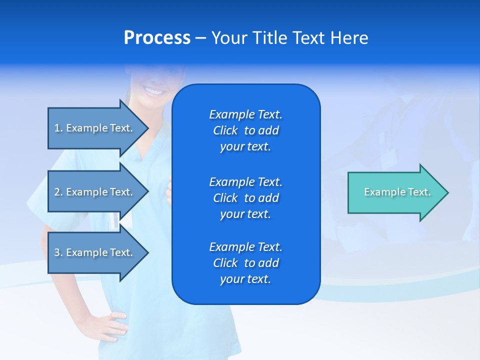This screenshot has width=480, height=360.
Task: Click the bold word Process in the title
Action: (157, 38)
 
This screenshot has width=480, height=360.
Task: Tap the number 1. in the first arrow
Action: (58, 128)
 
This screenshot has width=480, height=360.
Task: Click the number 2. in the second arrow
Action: (58, 192)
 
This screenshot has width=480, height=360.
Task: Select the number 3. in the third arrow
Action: (58, 252)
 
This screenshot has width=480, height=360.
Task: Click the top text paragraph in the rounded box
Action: (245, 130)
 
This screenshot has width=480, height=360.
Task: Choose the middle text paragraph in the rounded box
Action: (245, 198)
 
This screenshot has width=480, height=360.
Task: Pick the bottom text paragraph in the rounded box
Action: (245, 263)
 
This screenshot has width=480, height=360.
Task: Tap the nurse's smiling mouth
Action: (153, 91)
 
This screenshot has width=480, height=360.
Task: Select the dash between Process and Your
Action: (201, 38)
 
